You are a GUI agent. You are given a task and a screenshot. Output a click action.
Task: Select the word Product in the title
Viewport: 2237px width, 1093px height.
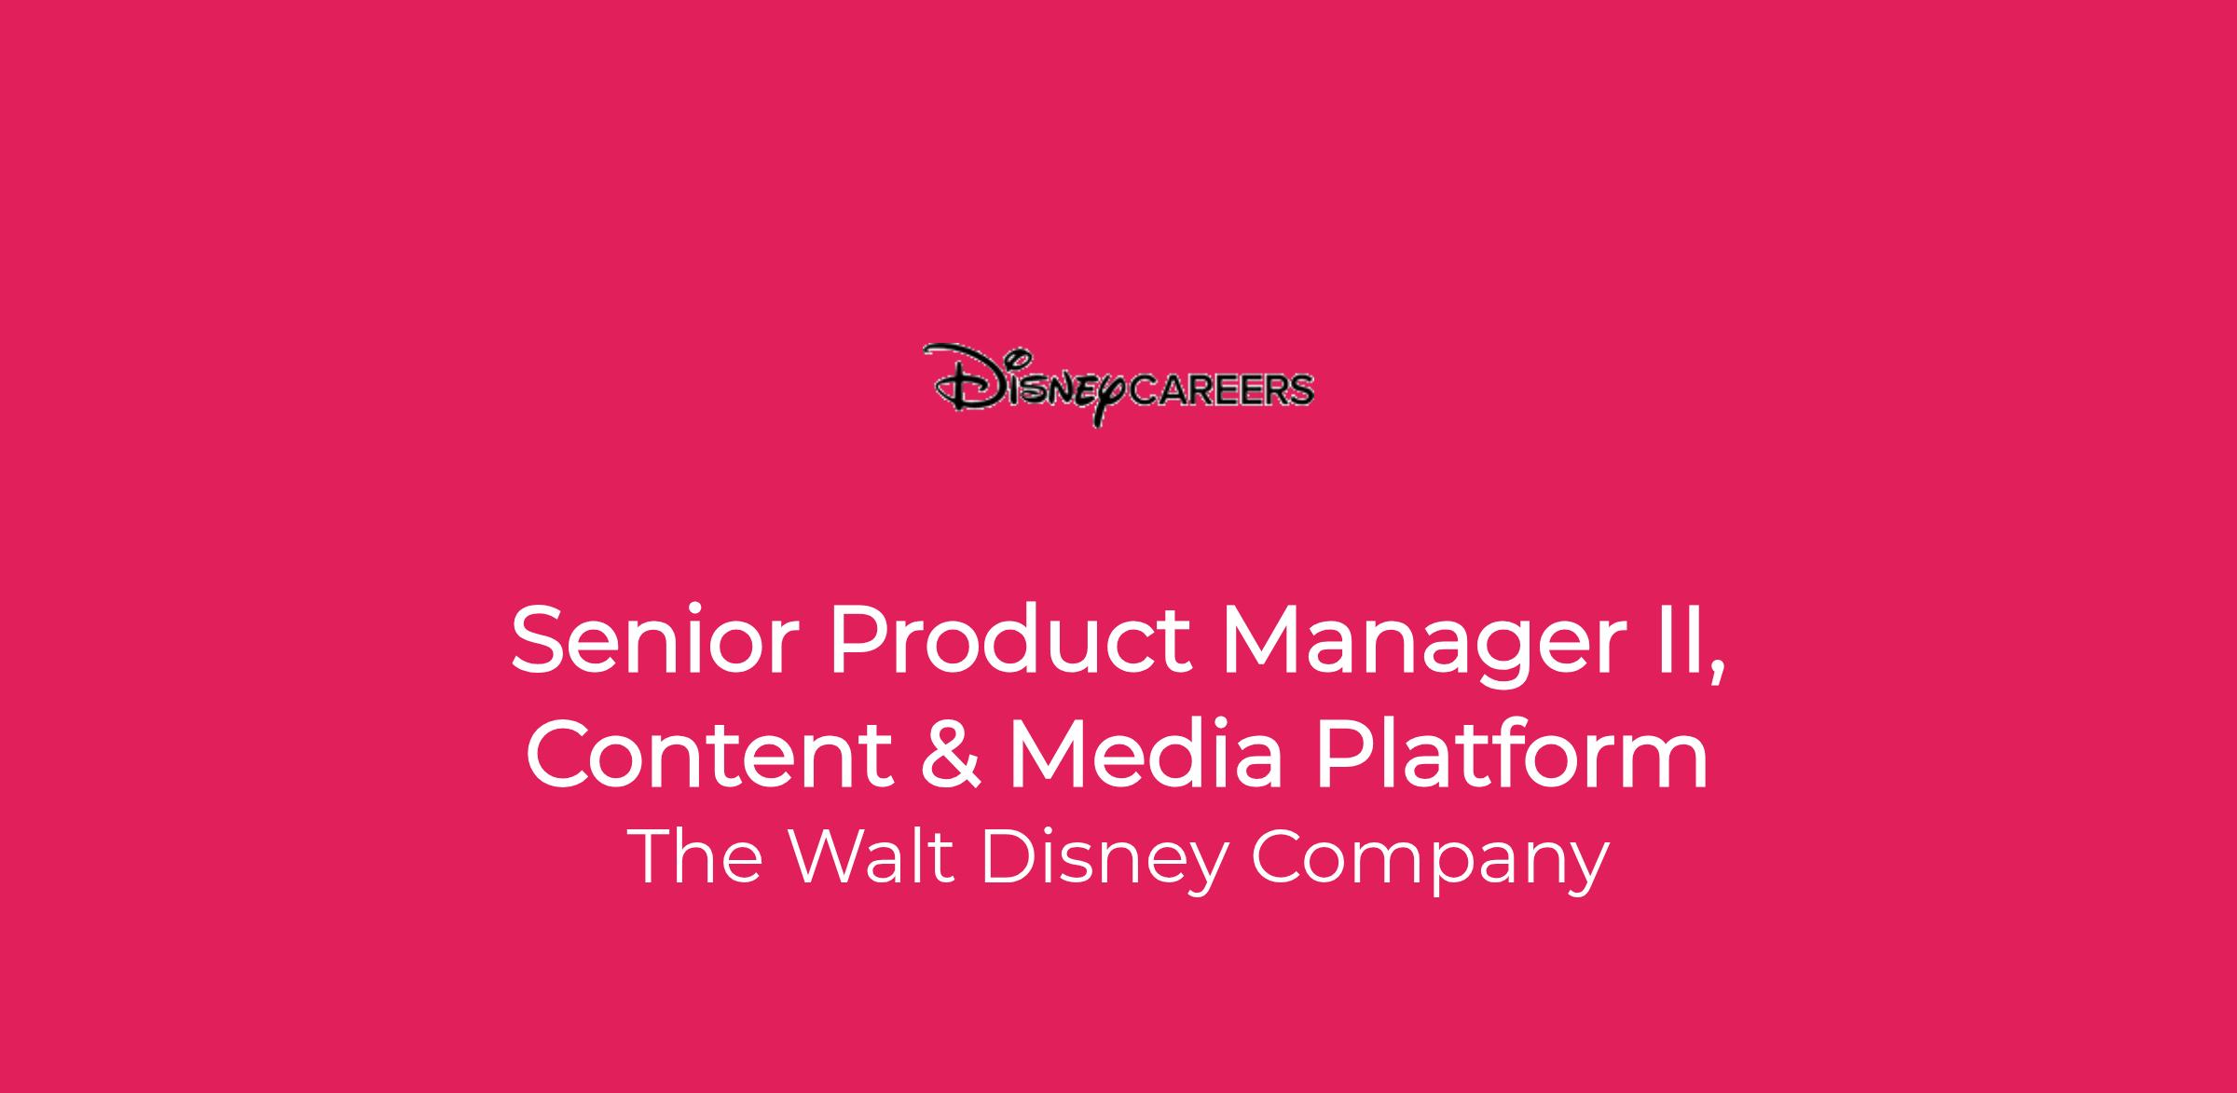tap(1009, 642)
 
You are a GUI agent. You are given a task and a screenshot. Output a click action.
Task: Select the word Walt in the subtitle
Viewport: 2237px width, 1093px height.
tap(873, 855)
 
